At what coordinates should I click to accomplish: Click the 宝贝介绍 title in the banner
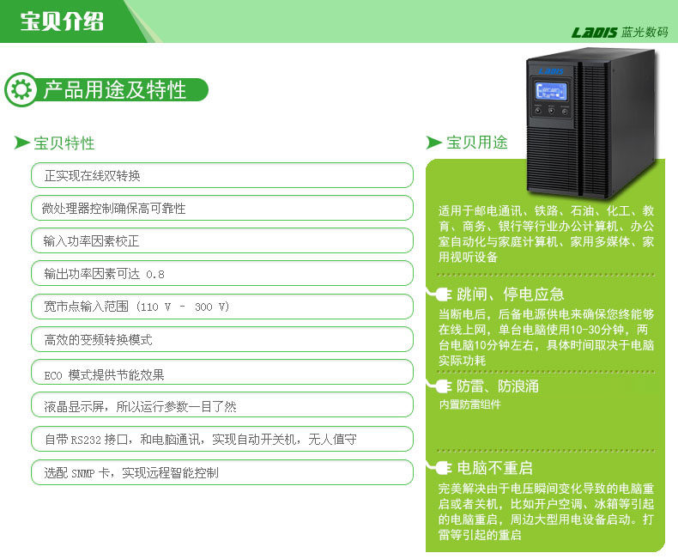62,21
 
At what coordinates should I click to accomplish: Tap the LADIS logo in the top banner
594,33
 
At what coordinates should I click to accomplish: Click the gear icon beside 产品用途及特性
21,89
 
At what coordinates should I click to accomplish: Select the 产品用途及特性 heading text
115,90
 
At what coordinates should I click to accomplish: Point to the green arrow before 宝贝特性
21,143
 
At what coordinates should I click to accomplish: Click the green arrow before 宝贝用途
433,143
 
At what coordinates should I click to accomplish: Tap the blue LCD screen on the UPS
551,91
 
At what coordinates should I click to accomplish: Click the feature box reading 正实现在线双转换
222,175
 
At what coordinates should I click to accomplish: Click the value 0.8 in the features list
155,274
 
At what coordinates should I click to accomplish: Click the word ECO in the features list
53,375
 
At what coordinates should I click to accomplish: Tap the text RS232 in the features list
86,440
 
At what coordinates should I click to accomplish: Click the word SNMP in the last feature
83,473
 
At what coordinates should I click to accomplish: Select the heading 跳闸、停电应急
511,295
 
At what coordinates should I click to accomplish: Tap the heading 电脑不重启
494,468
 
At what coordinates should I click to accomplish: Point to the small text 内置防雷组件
470,404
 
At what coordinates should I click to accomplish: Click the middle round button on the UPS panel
551,111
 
